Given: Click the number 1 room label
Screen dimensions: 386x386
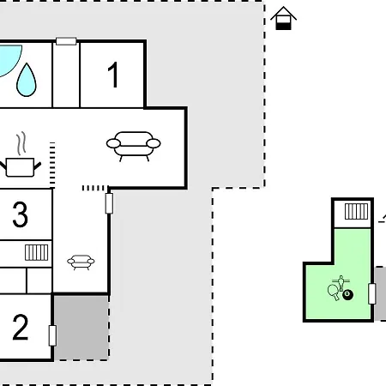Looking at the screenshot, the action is click(113, 75).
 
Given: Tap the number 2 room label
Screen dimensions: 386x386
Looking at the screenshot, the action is click(21, 327).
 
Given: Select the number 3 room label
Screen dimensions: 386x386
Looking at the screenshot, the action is click(21, 214).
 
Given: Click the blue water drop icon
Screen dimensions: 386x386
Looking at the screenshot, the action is click(27, 80).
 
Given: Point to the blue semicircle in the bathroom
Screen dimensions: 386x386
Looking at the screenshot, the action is click(10, 60).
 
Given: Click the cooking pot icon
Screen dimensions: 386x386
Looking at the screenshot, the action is click(20, 167).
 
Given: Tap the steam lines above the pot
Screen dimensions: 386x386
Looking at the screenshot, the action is click(21, 142).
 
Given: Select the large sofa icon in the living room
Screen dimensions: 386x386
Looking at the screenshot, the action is click(133, 146).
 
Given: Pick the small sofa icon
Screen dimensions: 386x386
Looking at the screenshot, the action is click(81, 262).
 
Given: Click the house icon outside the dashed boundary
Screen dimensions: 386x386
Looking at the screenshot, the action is click(283, 18).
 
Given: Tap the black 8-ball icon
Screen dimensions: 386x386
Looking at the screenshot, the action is click(348, 294).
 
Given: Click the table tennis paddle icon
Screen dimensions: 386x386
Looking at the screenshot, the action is click(334, 292).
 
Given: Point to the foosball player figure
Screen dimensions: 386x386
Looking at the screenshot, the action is click(341, 283).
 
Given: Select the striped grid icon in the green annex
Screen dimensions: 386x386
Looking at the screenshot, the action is click(356, 211).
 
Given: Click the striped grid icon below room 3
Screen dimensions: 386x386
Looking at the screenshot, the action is click(37, 252).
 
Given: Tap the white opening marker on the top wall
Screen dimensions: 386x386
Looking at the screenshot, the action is click(66, 41).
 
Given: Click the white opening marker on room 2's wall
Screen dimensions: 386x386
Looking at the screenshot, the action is click(52, 335).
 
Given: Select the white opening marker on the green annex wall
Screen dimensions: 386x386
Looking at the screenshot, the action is click(372, 293).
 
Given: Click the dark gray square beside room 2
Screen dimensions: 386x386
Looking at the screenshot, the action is click(81, 328).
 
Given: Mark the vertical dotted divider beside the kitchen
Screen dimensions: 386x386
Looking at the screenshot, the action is click(52, 165).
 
